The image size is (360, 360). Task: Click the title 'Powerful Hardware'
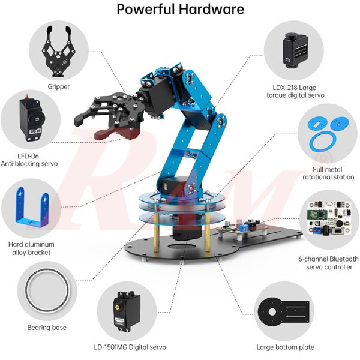pos(180,10)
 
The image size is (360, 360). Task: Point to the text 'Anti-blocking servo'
pos(30,163)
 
